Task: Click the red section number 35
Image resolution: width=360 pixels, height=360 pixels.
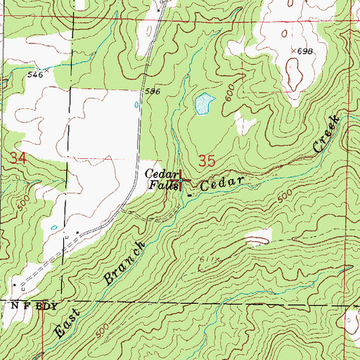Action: click(207, 160)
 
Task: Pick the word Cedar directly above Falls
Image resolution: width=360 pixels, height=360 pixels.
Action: click(159, 174)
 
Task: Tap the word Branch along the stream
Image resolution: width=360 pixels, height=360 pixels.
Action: click(125, 262)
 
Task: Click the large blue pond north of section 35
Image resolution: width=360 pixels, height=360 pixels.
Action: click(203, 105)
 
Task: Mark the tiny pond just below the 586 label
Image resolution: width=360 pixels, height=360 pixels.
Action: click(136, 106)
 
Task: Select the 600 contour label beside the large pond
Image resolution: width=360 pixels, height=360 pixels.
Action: click(230, 100)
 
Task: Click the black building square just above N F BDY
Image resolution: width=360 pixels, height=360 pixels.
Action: click(14, 285)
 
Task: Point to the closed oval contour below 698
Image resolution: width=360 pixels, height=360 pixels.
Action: click(295, 74)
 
